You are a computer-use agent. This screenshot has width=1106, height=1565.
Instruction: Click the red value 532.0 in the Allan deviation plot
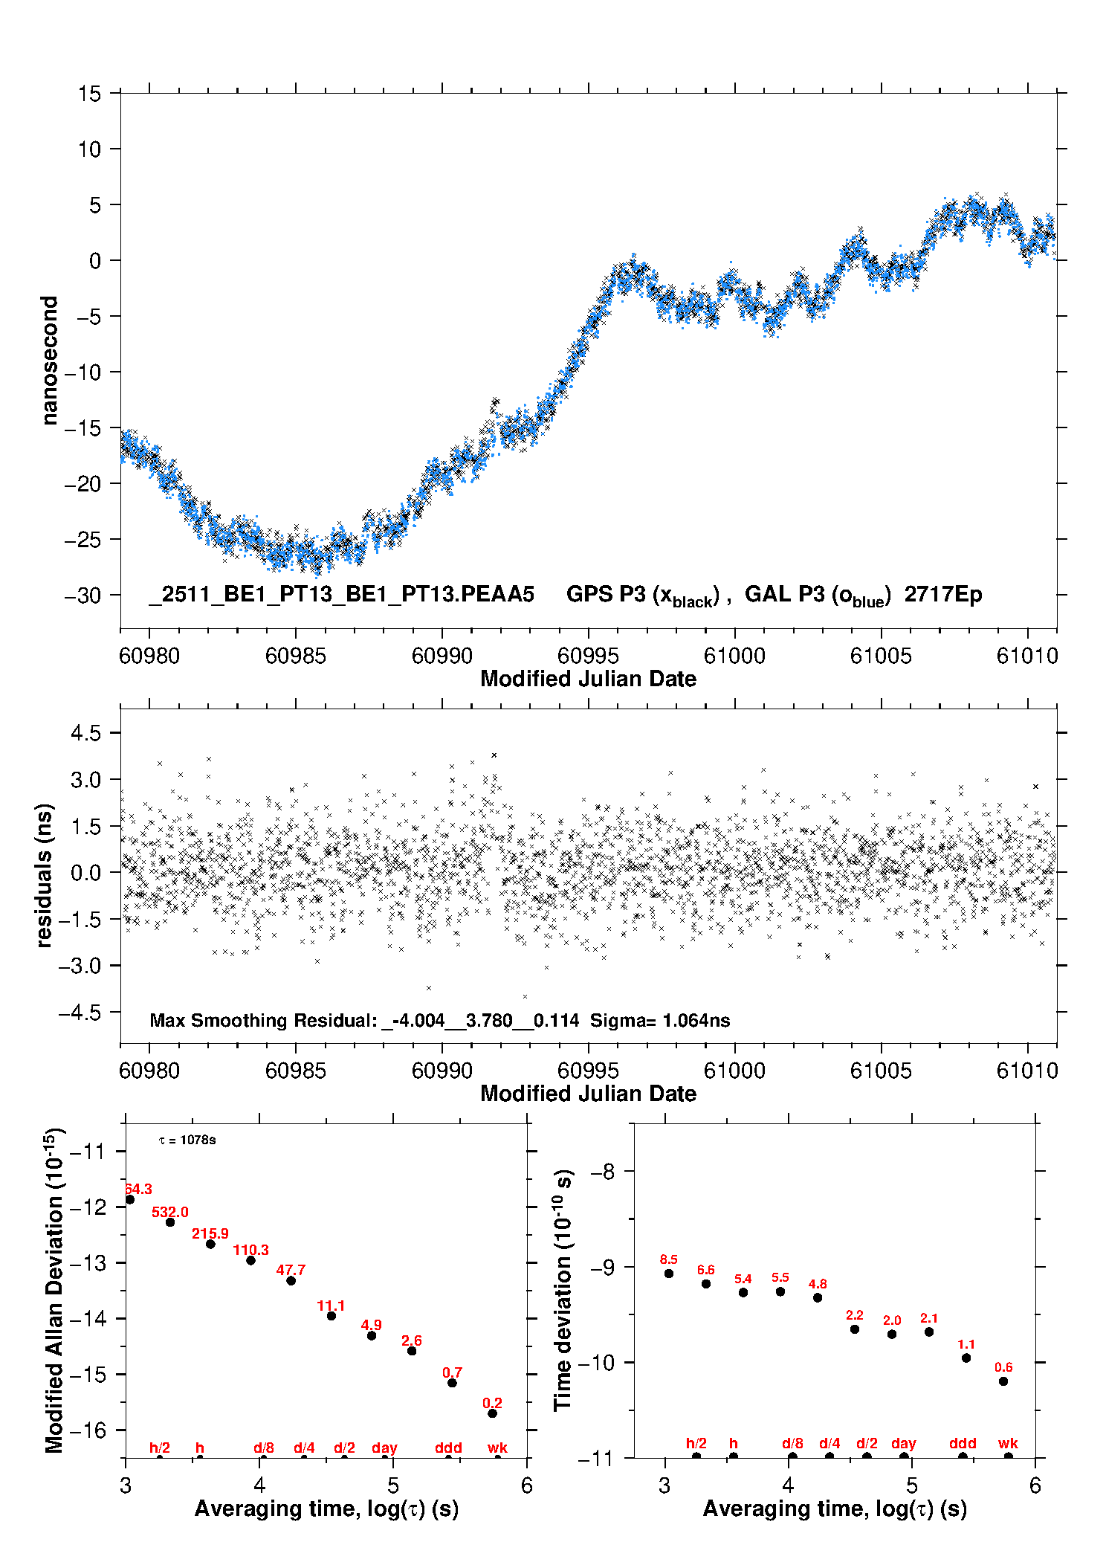point(170,1212)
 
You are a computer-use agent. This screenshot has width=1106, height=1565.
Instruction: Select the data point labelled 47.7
point(291,1280)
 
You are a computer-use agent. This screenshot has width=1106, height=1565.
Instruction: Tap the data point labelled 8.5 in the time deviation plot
point(669,1274)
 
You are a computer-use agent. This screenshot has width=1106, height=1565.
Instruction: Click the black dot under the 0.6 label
point(1003,1381)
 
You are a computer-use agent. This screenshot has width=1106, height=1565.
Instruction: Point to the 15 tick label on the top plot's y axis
point(89,94)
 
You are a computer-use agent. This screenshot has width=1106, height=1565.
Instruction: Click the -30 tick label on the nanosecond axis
point(83,596)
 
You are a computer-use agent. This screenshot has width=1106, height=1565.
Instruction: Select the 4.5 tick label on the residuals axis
point(85,733)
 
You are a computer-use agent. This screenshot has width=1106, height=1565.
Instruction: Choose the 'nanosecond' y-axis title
point(50,361)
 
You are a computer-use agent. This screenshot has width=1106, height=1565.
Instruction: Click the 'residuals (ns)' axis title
point(45,875)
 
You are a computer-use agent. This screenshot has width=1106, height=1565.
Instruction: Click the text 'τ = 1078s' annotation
point(187,1140)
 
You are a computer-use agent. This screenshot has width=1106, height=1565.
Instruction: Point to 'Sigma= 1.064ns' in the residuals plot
point(660,1020)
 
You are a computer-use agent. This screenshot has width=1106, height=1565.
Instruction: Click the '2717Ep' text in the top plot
point(943,594)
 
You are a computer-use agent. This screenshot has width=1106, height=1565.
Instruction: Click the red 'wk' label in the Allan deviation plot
point(497,1448)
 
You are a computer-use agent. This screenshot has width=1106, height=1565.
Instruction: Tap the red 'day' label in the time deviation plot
point(904,1443)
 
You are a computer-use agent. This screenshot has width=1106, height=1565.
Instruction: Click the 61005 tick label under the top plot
point(881,656)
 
